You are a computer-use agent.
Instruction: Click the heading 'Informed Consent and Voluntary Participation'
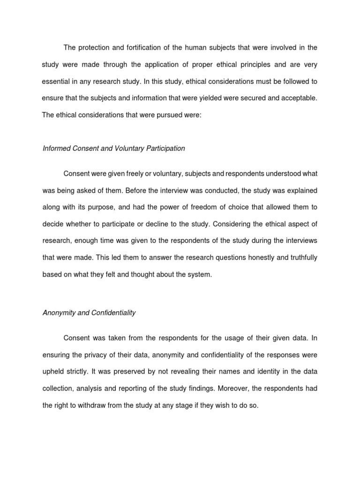114,148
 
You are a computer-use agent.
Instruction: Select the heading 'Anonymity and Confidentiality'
89,313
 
